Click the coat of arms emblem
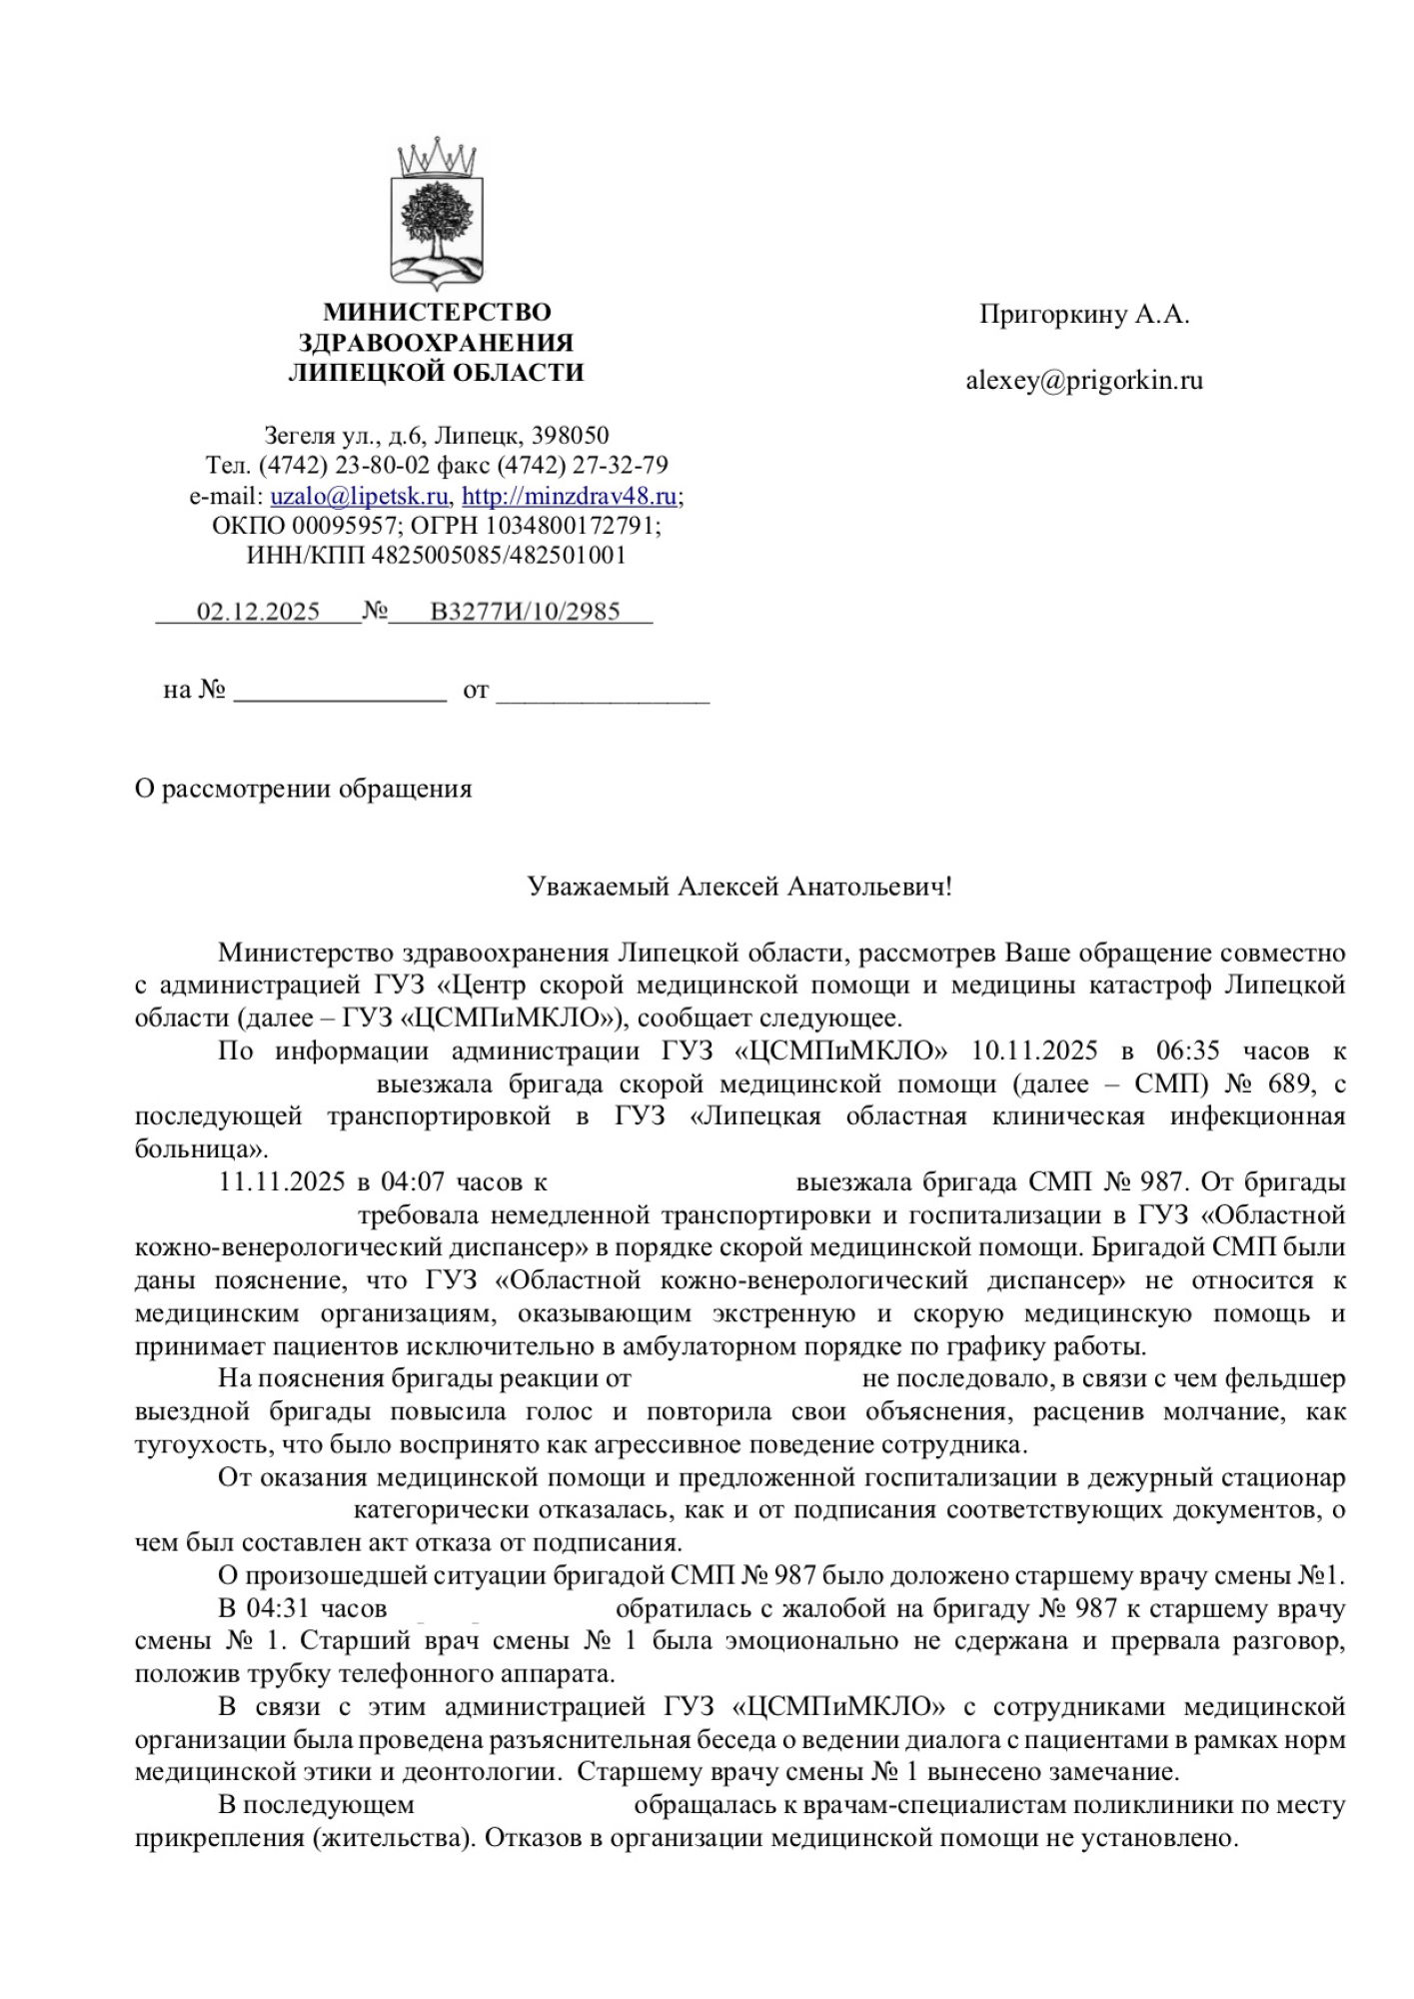pyautogui.click(x=437, y=213)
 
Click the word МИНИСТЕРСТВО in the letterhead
pyautogui.click(x=437, y=313)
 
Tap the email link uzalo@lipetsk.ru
pyautogui.click(x=359, y=496)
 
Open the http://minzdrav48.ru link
pyautogui.click(x=569, y=496)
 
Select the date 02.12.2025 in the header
pyautogui.click(x=258, y=612)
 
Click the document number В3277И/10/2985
pyautogui.click(x=525, y=612)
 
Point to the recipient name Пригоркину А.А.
pyautogui.click(x=1084, y=315)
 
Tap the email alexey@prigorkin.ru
pyautogui.click(x=1084, y=381)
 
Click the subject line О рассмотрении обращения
pyautogui.click(x=303, y=789)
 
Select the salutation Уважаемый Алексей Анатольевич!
pyautogui.click(x=739, y=887)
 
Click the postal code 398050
pyautogui.click(x=571, y=436)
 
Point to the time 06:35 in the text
pyautogui.click(x=1187, y=1051)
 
